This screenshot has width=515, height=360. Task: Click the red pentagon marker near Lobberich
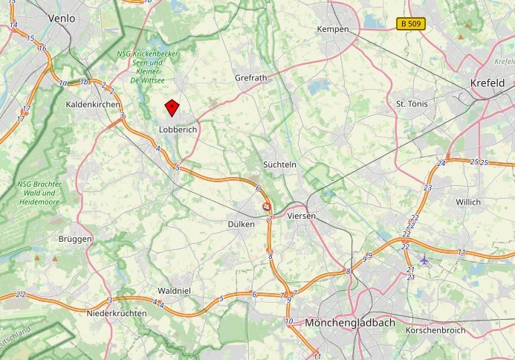coord(172,109)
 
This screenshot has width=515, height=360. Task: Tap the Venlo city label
coord(62,17)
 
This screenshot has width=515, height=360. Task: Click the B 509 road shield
coord(410,24)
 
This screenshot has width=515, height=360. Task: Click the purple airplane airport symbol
coord(424,260)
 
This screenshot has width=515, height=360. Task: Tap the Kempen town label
coord(332,29)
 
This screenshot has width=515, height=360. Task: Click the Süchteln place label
coord(280,164)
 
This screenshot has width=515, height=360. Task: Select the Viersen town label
coord(301,216)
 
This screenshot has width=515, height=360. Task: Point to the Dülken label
coord(242,224)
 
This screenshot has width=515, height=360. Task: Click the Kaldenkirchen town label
coord(93,105)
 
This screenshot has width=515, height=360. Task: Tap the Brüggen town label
coord(75,239)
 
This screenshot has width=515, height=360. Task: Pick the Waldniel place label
coord(175,291)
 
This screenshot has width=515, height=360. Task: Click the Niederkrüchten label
coord(117,313)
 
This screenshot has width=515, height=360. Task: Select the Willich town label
coord(468,202)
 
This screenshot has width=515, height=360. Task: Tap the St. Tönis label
coord(412,103)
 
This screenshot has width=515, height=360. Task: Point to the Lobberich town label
coord(176,129)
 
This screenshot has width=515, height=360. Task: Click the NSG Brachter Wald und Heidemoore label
coord(39,192)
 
